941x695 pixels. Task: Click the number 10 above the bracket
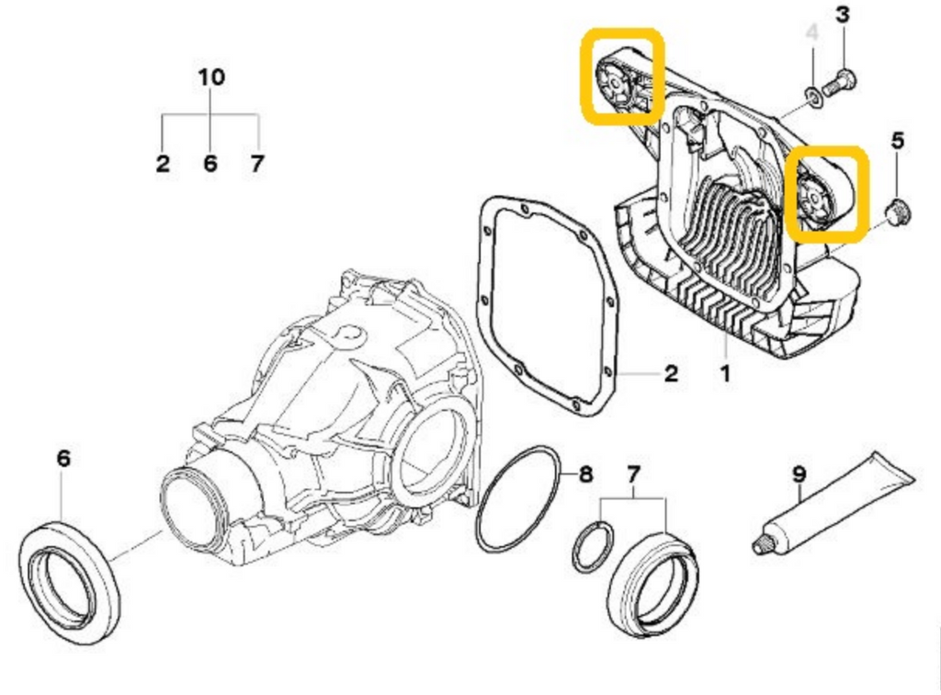click(211, 77)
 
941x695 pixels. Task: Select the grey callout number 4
click(811, 33)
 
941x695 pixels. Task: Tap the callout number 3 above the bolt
click(843, 15)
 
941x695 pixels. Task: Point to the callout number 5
click(898, 141)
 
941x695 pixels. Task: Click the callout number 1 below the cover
click(725, 375)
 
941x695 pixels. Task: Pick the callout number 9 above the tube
click(799, 474)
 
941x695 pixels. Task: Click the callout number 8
click(585, 475)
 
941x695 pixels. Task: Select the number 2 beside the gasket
click(671, 373)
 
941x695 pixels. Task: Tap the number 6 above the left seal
click(62, 458)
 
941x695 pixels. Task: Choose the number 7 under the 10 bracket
click(257, 165)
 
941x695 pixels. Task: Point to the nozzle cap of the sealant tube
click(762, 546)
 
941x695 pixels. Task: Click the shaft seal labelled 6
click(70, 580)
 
